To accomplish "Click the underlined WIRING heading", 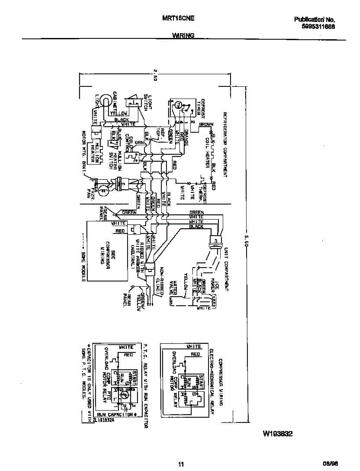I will click(x=183, y=36).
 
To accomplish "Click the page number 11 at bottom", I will click(x=181, y=465).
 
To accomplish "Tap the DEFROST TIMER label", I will click(x=201, y=106).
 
